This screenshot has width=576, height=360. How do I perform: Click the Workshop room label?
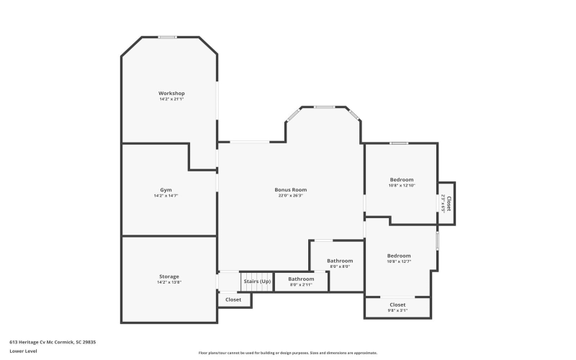[172, 94]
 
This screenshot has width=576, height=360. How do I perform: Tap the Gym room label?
[166, 190]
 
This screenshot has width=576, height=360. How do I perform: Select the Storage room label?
[169, 276]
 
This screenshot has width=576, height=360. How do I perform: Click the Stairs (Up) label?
[257, 281]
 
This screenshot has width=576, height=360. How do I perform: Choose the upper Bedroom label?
[402, 179]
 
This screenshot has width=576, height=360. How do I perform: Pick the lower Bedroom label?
[399, 256]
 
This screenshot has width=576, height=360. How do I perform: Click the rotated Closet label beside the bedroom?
[450, 203]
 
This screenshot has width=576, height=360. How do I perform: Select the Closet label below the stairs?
[233, 300]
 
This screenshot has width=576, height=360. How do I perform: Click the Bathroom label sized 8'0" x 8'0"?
[340, 261]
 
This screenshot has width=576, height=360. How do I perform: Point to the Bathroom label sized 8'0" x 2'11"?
[301, 279]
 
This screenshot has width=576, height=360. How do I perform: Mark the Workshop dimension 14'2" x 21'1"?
[172, 99]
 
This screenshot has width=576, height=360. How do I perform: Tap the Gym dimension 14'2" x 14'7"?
[166, 196]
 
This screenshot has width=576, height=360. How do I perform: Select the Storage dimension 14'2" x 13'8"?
[169, 282]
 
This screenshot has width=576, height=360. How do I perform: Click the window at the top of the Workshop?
[168, 37]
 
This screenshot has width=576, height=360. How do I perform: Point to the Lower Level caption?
[22, 351]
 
